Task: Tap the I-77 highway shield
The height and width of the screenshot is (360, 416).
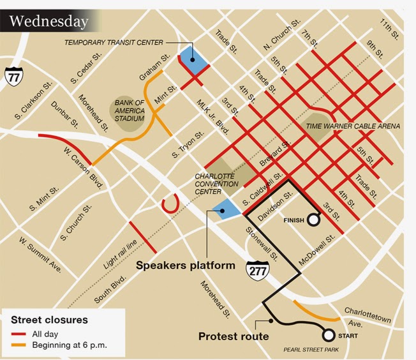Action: click(13, 76)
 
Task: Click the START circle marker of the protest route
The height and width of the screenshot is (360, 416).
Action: click(329, 335)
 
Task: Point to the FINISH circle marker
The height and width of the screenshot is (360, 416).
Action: click(313, 220)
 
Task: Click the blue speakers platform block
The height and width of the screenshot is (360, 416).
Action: click(223, 207)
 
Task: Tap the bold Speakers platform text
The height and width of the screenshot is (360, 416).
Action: click(185, 265)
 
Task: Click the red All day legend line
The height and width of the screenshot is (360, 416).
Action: click(19, 334)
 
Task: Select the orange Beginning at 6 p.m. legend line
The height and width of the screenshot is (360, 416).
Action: click(19, 346)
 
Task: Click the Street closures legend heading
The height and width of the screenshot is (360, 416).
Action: click(48, 320)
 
